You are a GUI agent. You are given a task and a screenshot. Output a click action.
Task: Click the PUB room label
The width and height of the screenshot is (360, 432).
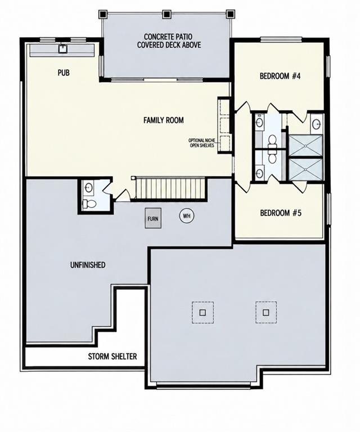pyautogui.click(x=64, y=73)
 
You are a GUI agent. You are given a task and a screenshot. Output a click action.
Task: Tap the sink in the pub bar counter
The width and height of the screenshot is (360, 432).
pyautogui.click(x=63, y=49)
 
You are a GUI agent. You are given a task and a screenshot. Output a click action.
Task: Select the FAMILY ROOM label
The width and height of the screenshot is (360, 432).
pyautogui.click(x=164, y=120)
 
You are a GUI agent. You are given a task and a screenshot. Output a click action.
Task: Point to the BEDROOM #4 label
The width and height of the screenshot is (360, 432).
pyautogui.click(x=280, y=76)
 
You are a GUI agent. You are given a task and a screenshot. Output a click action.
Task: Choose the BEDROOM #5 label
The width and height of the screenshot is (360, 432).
pyautogui.click(x=281, y=213)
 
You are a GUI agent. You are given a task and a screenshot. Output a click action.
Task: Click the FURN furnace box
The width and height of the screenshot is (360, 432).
pyautogui.click(x=153, y=218)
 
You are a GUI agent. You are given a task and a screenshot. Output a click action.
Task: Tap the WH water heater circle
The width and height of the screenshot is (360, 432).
pyautogui.click(x=187, y=216)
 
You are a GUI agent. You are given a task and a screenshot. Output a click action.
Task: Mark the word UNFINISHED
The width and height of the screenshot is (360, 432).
pyautogui.click(x=88, y=265)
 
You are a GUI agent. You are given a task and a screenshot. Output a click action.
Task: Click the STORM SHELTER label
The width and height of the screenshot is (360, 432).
pyautogui.click(x=112, y=357)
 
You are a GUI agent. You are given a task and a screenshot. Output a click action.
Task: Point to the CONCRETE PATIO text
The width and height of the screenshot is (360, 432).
pyautogui.click(x=168, y=37)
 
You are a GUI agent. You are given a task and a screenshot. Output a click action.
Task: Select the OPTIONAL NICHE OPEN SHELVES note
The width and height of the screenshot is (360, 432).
pyautogui.click(x=201, y=143)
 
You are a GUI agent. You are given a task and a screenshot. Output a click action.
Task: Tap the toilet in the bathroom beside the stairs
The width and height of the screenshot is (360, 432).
pyautogui.click(x=89, y=204)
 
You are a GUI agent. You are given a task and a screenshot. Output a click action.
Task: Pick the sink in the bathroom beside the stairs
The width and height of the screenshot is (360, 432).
pyautogui.click(x=88, y=188)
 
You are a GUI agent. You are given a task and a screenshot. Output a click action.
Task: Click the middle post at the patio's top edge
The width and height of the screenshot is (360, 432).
pyautogui.click(x=166, y=14)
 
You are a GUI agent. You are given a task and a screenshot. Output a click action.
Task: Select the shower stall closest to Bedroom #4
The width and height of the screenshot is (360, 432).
pyautogui.click(x=305, y=145)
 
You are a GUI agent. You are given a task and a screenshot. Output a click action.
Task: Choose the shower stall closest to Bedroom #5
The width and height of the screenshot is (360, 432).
pyautogui.click(x=305, y=169)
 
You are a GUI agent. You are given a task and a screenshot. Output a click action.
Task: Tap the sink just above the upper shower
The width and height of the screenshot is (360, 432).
pyautogui.click(x=317, y=123)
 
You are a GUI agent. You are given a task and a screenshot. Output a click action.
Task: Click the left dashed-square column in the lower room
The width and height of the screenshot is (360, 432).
pyautogui.click(x=202, y=312)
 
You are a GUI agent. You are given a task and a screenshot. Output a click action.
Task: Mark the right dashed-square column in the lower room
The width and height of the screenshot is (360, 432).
pyautogui.click(x=266, y=312)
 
